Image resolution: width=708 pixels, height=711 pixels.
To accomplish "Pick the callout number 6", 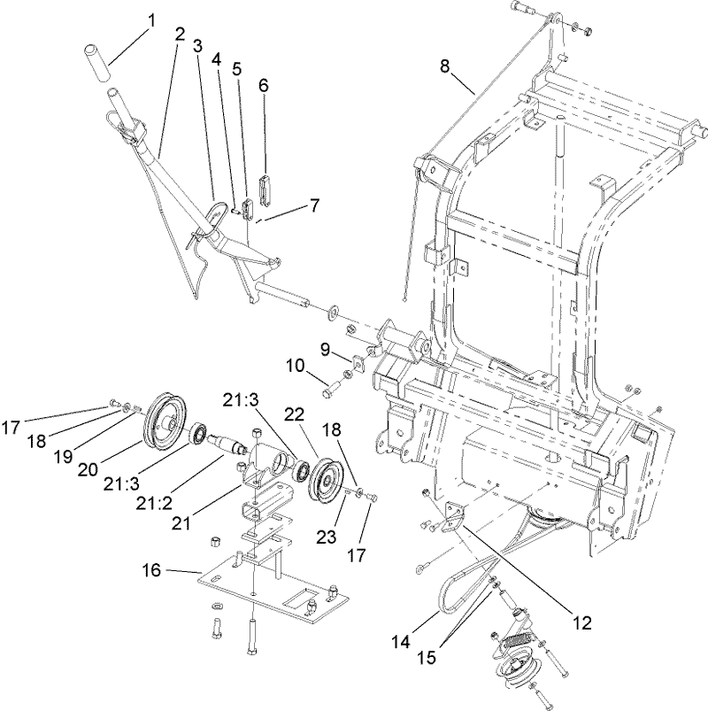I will [263, 85].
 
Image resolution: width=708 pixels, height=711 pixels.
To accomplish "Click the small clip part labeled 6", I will [263, 189].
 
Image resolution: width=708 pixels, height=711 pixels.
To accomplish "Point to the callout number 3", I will [197, 44].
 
